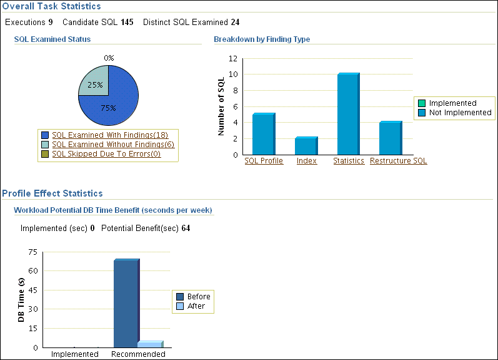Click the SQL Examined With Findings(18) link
point(110,135)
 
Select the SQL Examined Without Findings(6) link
point(112,144)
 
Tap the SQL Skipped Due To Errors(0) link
point(106,153)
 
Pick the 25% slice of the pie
point(94,82)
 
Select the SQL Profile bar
point(263,133)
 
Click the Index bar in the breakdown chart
point(306,145)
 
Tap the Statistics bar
point(348,113)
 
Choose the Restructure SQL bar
point(391,138)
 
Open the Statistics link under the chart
point(349,161)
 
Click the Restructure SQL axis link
point(399,161)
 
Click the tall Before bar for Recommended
point(126,303)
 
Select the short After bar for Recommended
point(149,344)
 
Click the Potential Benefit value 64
point(186,229)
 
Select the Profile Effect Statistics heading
point(52,193)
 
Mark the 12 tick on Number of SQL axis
point(233,58)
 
